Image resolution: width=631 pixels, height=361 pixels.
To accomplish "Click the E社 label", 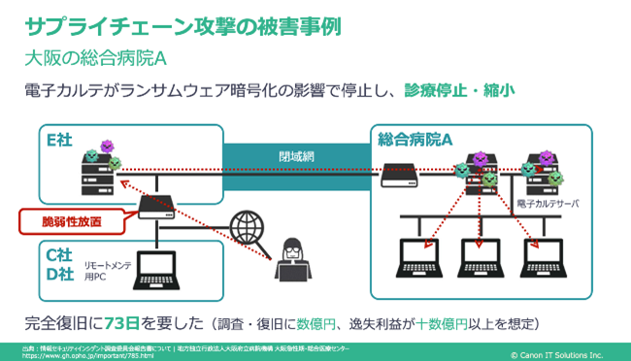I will coord(59,140).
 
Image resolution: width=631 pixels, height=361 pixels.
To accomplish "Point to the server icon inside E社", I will coord(94,175).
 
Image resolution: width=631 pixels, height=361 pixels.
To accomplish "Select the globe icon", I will coord(248,226).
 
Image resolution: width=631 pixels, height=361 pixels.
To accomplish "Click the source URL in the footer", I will coord(79,353).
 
